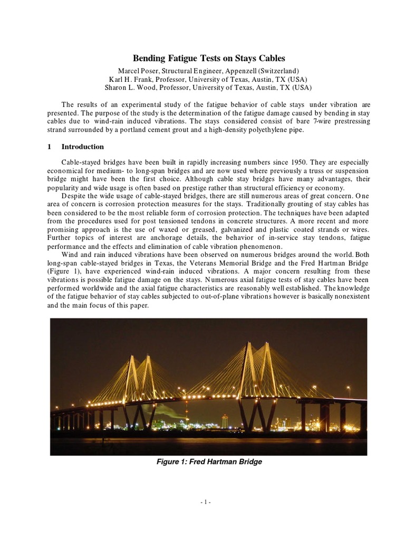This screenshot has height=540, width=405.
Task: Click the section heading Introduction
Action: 83,147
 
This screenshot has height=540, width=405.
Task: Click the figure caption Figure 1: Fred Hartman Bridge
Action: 209,462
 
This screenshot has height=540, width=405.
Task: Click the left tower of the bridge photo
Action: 138,380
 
